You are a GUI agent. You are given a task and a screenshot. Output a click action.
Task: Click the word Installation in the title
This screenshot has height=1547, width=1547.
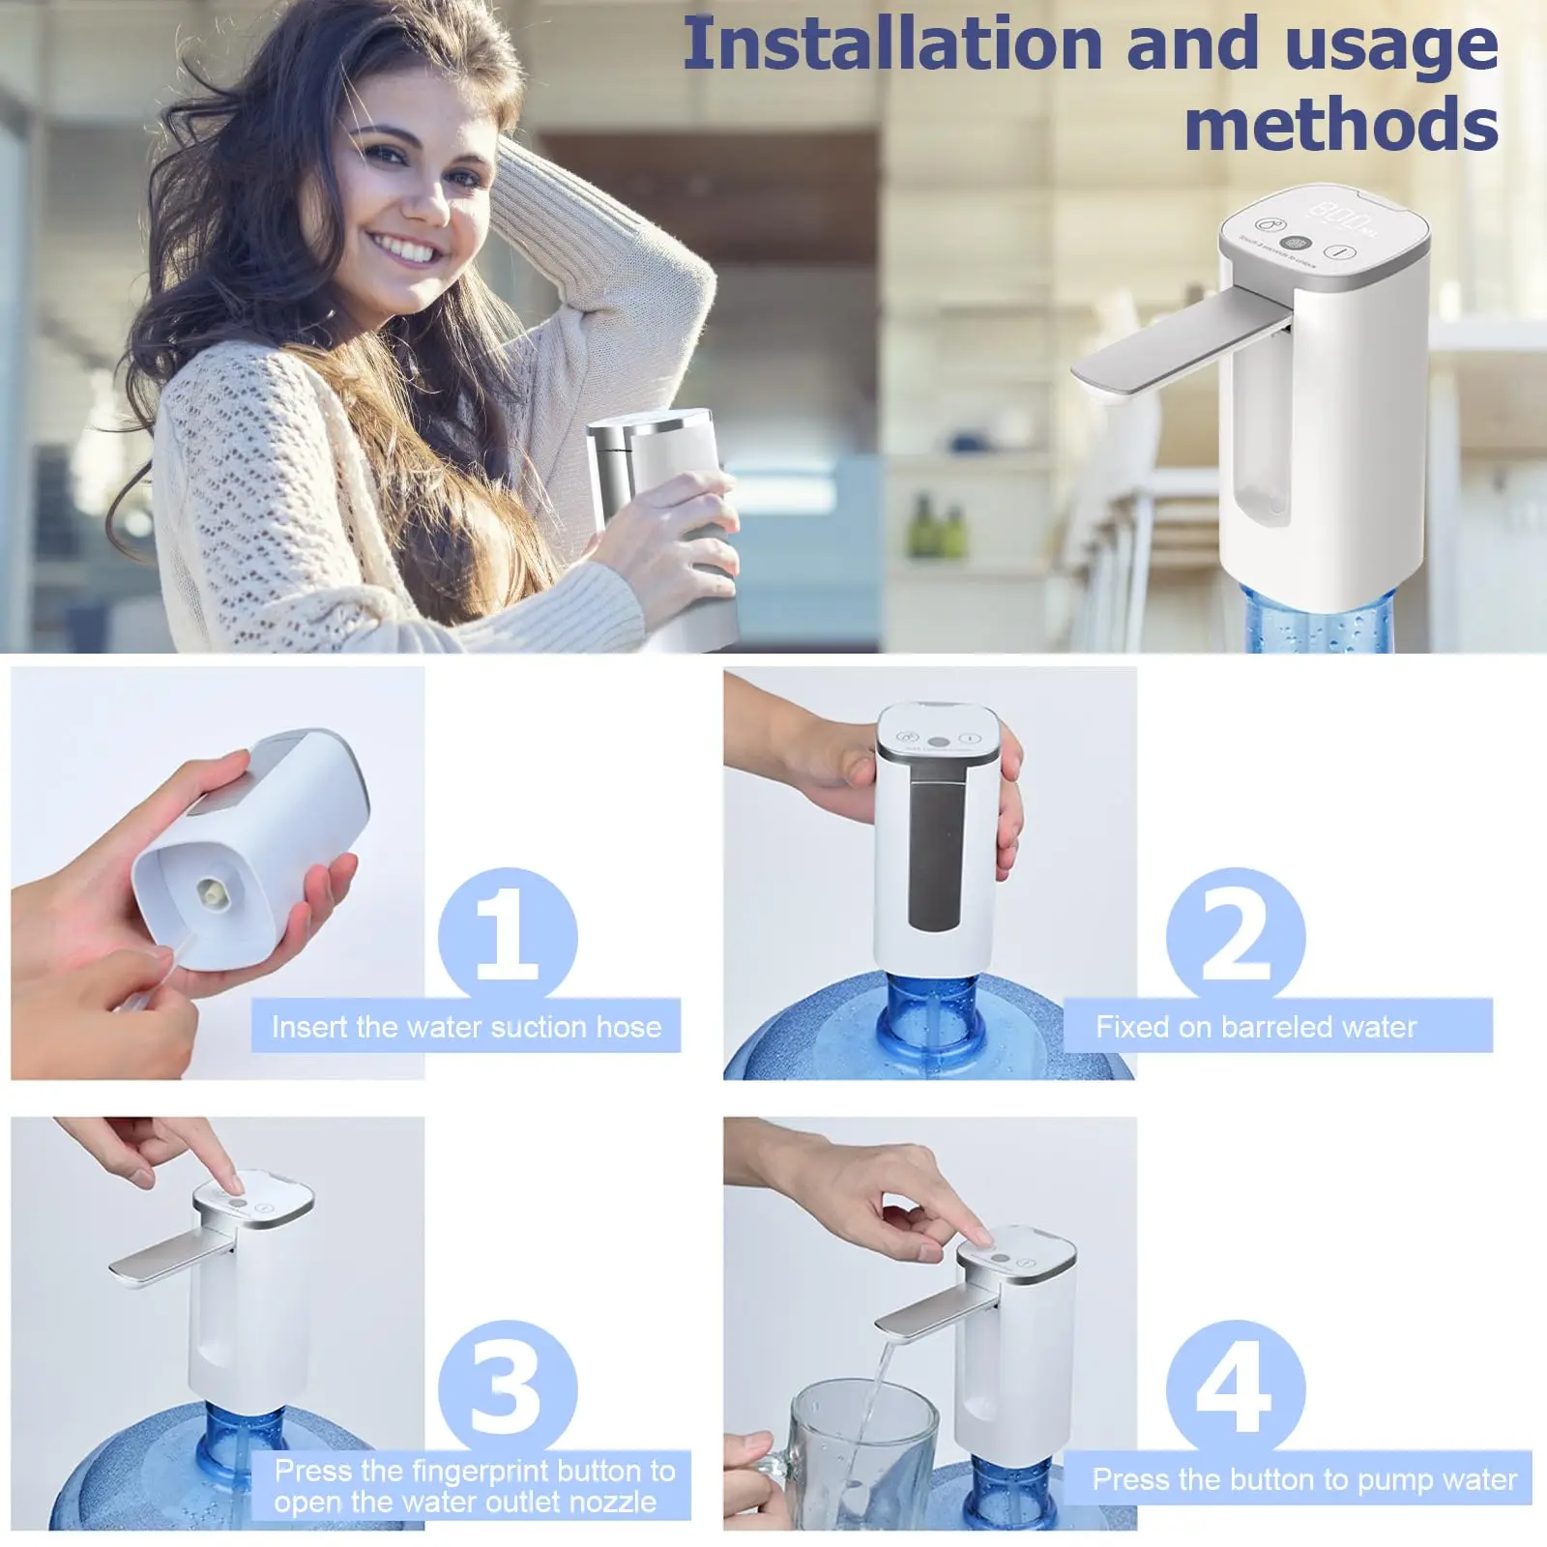(891, 45)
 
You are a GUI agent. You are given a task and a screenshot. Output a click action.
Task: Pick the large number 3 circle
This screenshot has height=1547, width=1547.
(507, 1388)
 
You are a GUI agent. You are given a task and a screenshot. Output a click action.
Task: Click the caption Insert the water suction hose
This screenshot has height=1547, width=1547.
(466, 1027)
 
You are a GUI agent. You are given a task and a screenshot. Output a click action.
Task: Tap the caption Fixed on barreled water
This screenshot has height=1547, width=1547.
(1255, 1027)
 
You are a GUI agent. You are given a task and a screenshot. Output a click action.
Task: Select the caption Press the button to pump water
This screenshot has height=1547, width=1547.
(1303, 1479)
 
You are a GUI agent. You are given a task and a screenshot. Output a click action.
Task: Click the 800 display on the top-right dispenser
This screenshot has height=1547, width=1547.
(1338, 215)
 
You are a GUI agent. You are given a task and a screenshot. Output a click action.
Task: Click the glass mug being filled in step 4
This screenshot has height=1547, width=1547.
(851, 1450)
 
